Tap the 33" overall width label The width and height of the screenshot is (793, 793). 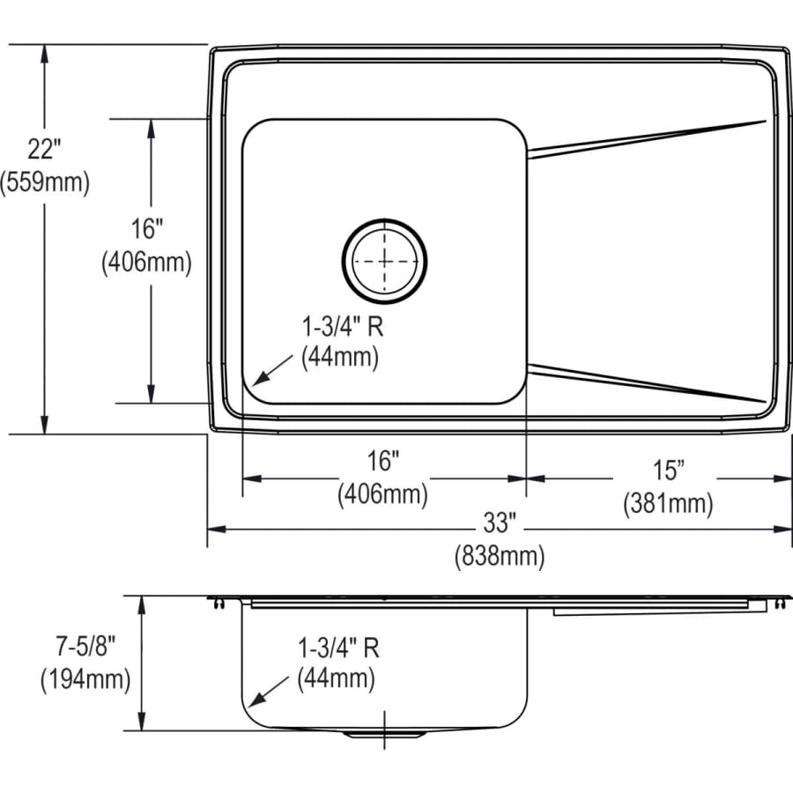coord(498,523)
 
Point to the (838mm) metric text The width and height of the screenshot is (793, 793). coord(499,556)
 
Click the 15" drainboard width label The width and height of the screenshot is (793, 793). coord(667,471)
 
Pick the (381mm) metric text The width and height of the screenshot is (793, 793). coord(668,503)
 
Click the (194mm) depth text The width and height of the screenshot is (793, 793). coord(85,678)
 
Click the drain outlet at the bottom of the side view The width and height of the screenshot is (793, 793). coord(385,733)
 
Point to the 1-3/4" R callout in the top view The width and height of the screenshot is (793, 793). coord(341,326)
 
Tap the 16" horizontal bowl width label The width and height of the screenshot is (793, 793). coord(383,461)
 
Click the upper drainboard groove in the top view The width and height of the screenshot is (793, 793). coord(648,138)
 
